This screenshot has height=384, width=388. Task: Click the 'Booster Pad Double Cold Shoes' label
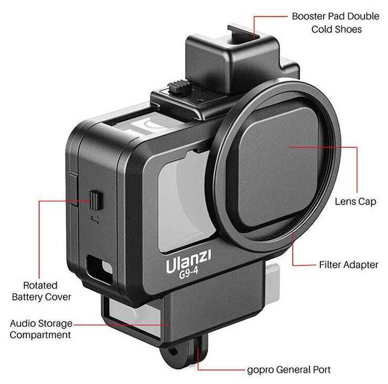[336, 23]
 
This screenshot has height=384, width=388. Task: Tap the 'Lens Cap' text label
[355, 201]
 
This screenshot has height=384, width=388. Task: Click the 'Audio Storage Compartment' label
[40, 329]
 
